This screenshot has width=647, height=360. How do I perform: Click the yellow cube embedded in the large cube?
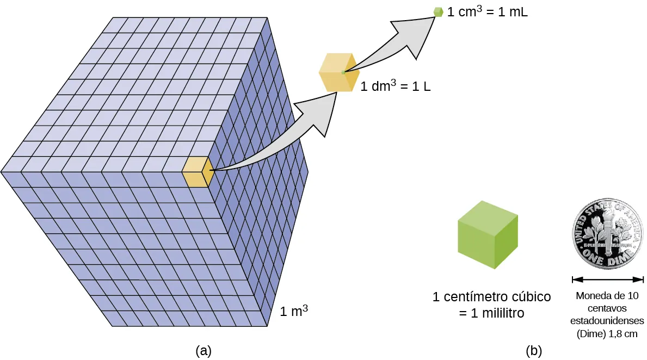tap(196, 172)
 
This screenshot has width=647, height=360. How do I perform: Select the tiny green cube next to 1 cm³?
tap(438, 11)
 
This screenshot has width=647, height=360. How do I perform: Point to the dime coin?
tap(608, 234)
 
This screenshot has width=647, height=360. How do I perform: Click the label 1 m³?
tap(294, 312)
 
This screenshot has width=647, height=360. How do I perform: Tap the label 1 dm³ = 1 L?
tap(396, 86)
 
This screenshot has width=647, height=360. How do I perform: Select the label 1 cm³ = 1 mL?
tap(487, 11)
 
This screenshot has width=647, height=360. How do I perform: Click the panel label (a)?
tap(203, 351)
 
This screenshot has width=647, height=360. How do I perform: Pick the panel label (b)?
tap(534, 351)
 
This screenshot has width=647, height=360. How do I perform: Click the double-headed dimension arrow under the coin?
tap(608, 280)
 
